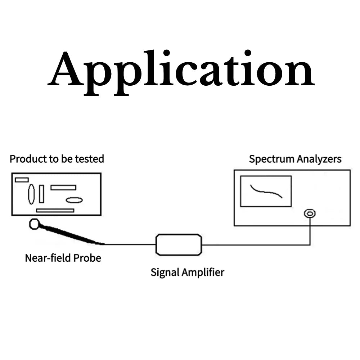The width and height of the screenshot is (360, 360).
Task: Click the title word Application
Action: click(x=181, y=70)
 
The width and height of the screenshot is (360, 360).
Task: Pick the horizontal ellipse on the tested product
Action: click(x=74, y=200)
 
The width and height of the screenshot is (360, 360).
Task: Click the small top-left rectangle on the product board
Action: click(x=22, y=180)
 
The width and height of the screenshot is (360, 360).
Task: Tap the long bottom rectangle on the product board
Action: click(x=55, y=210)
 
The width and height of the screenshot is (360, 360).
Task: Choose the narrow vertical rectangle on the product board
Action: click(x=41, y=194)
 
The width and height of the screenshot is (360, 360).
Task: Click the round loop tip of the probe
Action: click(x=34, y=224)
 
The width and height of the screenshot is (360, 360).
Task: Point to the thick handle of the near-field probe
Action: click(x=68, y=235)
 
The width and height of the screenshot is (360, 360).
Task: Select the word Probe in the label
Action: click(x=87, y=258)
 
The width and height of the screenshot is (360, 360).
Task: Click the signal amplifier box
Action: click(x=179, y=244)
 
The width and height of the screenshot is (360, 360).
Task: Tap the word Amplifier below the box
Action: click(x=203, y=272)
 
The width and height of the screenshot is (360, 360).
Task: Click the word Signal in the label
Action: click(x=165, y=272)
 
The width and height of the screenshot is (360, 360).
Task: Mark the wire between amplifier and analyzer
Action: click(x=252, y=245)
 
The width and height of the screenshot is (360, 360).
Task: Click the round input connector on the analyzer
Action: click(x=310, y=213)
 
